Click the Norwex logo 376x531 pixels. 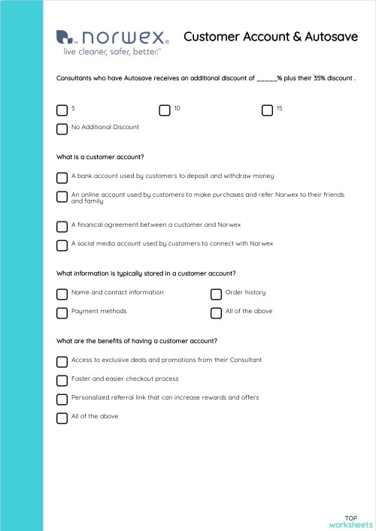click(113, 41)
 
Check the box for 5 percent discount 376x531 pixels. click(62, 110)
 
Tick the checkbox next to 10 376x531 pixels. click(165, 110)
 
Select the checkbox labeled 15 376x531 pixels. click(267, 110)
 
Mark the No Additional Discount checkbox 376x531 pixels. click(62, 129)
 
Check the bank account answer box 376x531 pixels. click(62, 177)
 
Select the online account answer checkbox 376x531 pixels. click(62, 197)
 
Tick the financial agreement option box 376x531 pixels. click(62, 226)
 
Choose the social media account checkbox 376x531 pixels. click(62, 245)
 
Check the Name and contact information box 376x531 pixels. click(62, 294)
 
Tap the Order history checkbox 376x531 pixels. click(216, 294)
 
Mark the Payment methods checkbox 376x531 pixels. click(62, 312)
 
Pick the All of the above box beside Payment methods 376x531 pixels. click(216, 312)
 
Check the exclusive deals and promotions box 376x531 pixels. click(62, 361)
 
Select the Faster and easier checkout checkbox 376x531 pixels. click(62, 380)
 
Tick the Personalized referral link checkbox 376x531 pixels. click(62, 399)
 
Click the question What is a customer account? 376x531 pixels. click(100, 157)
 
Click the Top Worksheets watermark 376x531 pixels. click(350, 521)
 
